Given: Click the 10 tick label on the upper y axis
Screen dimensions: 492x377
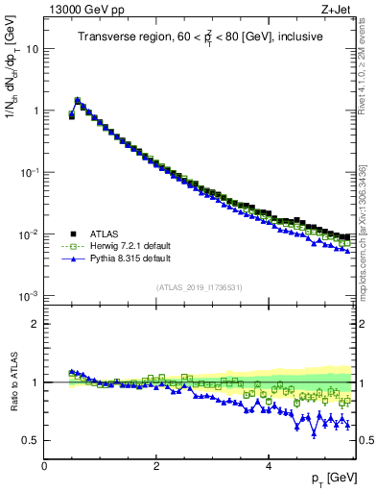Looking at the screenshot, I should tap(33, 49).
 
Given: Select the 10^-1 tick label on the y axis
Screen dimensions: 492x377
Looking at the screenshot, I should tap(30, 172).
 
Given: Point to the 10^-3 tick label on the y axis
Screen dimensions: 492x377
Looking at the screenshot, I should tap(30, 296).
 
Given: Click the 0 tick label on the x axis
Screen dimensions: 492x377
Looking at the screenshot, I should tap(44, 465).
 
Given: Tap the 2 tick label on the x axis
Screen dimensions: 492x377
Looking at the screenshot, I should tap(156, 465).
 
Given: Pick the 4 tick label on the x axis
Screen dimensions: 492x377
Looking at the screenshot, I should tap(269, 465).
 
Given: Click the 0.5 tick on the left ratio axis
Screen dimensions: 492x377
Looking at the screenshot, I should tap(30, 440).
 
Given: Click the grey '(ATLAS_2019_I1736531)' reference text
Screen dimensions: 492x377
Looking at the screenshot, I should tap(199, 287).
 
